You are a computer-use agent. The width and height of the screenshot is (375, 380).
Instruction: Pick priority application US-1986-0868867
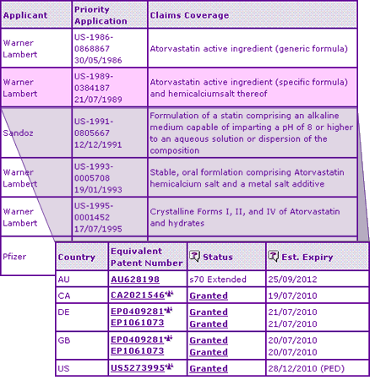coord(93,49)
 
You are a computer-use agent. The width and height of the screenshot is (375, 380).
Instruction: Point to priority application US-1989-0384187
coord(93,88)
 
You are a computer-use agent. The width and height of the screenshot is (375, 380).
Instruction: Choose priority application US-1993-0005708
coord(93,177)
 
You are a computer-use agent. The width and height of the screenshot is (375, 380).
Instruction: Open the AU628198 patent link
coord(134,280)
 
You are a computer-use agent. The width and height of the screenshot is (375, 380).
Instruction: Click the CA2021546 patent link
coord(138,296)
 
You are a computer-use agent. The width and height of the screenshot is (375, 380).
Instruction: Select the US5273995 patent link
coord(138,369)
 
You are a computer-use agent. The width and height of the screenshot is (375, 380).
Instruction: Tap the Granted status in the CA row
coord(208,296)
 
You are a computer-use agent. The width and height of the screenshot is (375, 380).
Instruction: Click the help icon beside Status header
coord(195,257)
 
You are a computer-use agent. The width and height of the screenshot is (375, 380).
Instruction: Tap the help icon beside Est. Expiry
coord(273,257)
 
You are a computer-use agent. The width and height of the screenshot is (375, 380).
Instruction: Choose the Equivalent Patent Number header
coord(145,257)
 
